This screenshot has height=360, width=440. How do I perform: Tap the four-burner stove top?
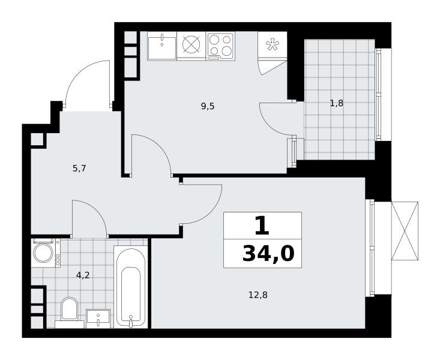point(220,46)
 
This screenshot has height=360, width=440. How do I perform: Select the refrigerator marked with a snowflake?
point(273,45)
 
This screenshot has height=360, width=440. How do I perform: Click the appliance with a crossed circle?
point(191,44)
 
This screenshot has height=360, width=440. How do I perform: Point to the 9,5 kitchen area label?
point(208,106)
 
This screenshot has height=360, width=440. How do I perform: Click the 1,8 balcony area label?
point(337,104)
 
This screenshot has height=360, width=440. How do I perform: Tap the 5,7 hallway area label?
point(79,169)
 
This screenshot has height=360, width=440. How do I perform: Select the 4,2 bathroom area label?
point(83,275)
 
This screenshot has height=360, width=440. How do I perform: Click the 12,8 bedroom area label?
point(258,295)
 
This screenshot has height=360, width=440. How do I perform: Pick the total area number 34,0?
point(268,254)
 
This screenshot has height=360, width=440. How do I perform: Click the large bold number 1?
point(262,226)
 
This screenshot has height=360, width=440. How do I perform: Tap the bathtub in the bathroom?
point(131,287)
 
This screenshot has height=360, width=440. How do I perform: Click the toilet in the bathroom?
point(69,312)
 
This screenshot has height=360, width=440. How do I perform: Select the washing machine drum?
point(43,253)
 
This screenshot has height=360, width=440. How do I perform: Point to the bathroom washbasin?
point(98,319)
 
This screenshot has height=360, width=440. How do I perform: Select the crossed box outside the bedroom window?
point(405,230)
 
